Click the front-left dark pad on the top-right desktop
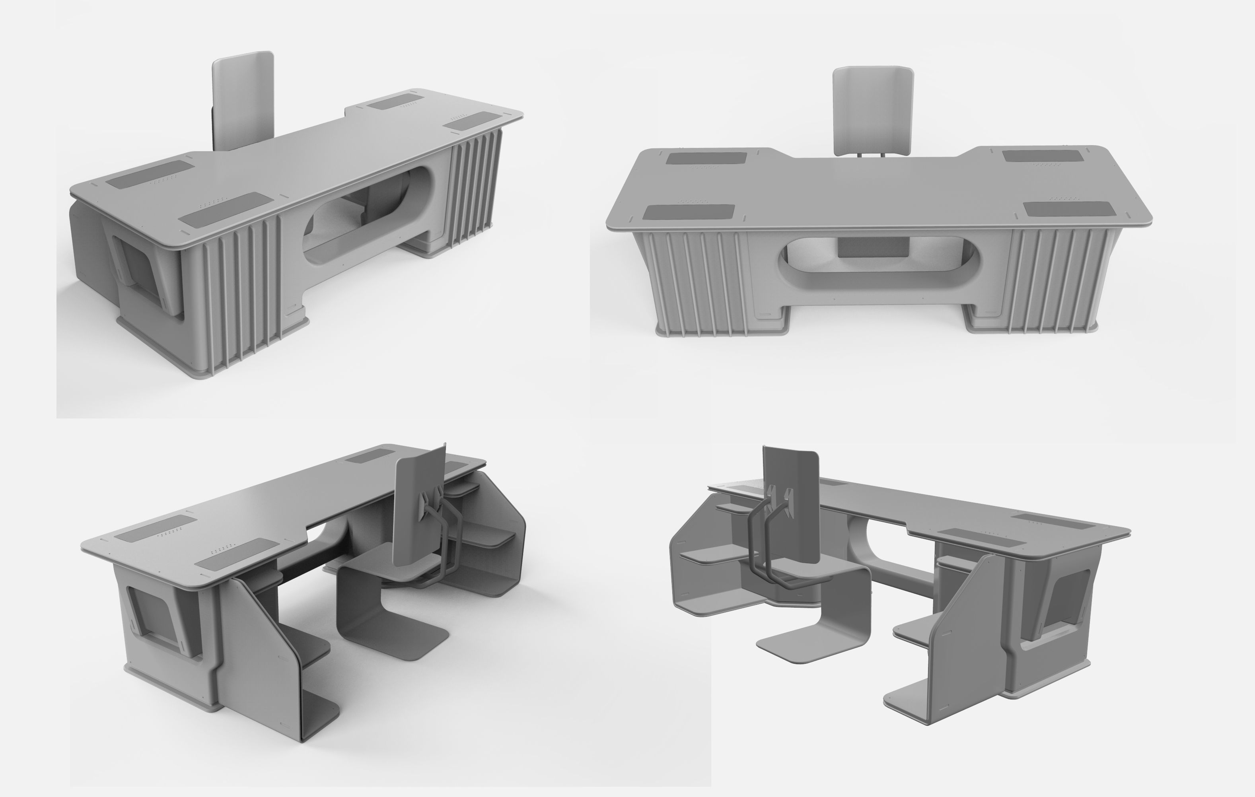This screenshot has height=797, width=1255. click(x=689, y=212)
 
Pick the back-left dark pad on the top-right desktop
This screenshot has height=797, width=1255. click(x=706, y=158)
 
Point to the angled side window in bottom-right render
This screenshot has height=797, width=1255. click(x=1068, y=599)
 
